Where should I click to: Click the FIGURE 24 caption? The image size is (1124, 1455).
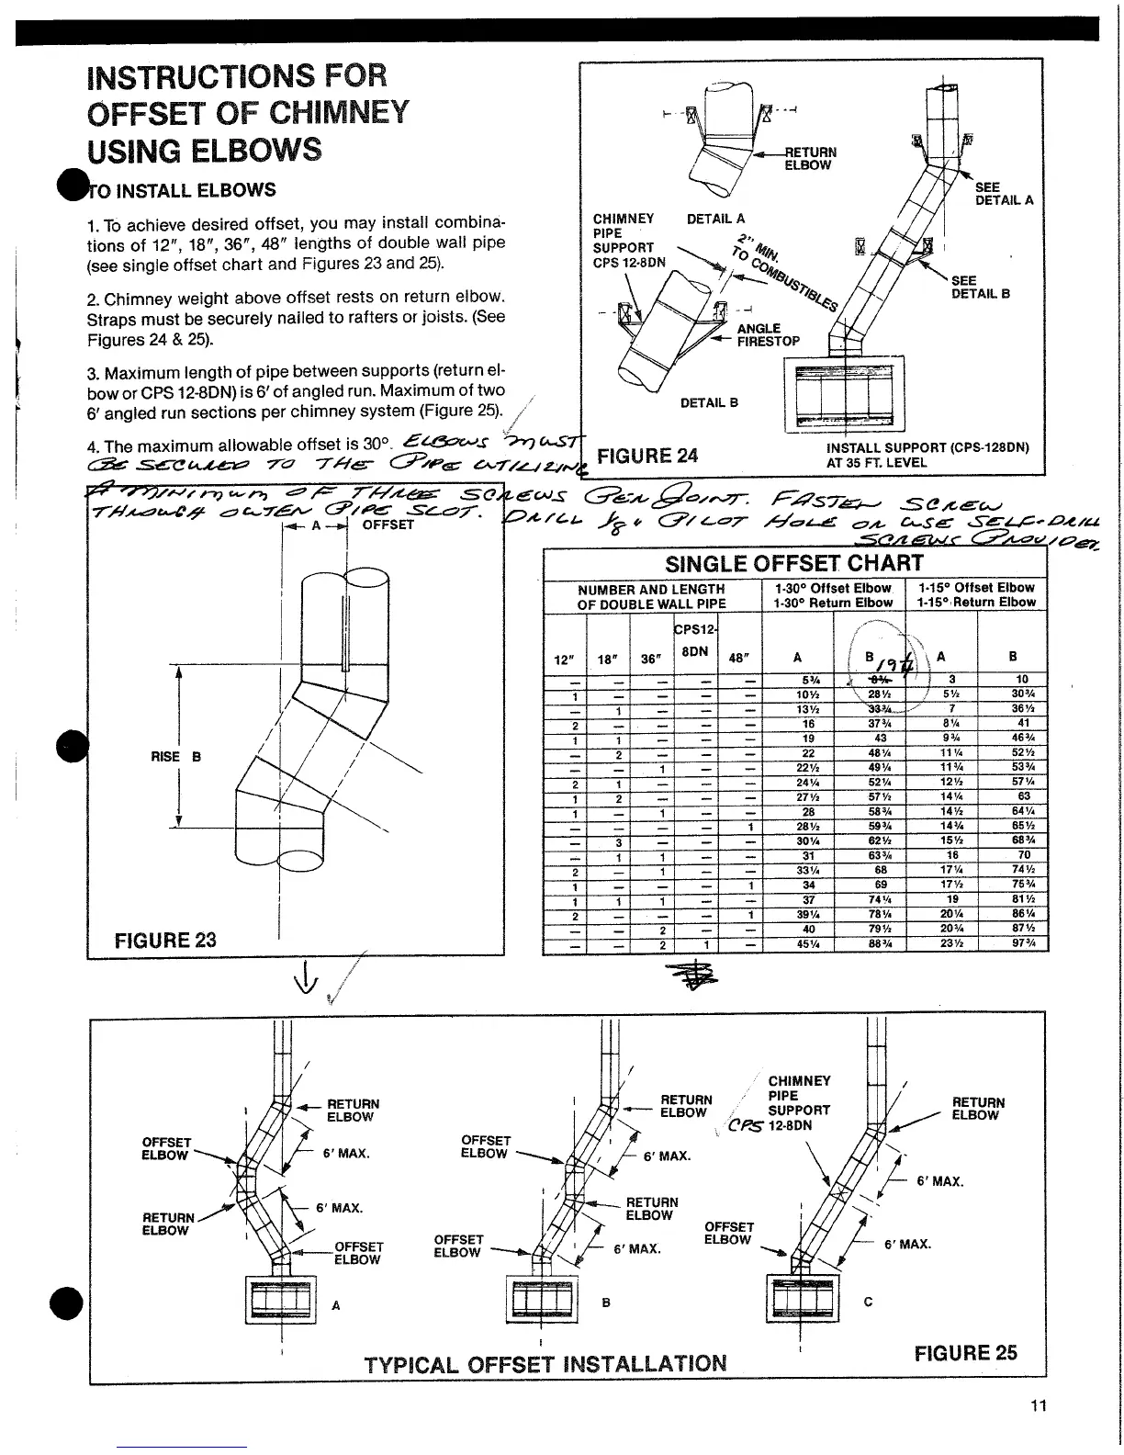647,456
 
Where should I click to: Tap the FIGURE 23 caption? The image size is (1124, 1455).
165,940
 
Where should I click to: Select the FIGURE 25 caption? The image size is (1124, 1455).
966,1353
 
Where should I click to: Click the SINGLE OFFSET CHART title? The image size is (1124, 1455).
794,562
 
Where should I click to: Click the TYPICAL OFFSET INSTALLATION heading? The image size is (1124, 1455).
545,1364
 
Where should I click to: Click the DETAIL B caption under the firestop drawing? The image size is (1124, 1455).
709,402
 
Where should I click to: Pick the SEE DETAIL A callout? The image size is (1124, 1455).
1003,193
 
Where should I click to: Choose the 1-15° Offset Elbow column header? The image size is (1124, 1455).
975,588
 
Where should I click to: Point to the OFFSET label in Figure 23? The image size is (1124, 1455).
388,524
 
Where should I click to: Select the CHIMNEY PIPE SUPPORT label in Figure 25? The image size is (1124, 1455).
798,1102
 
